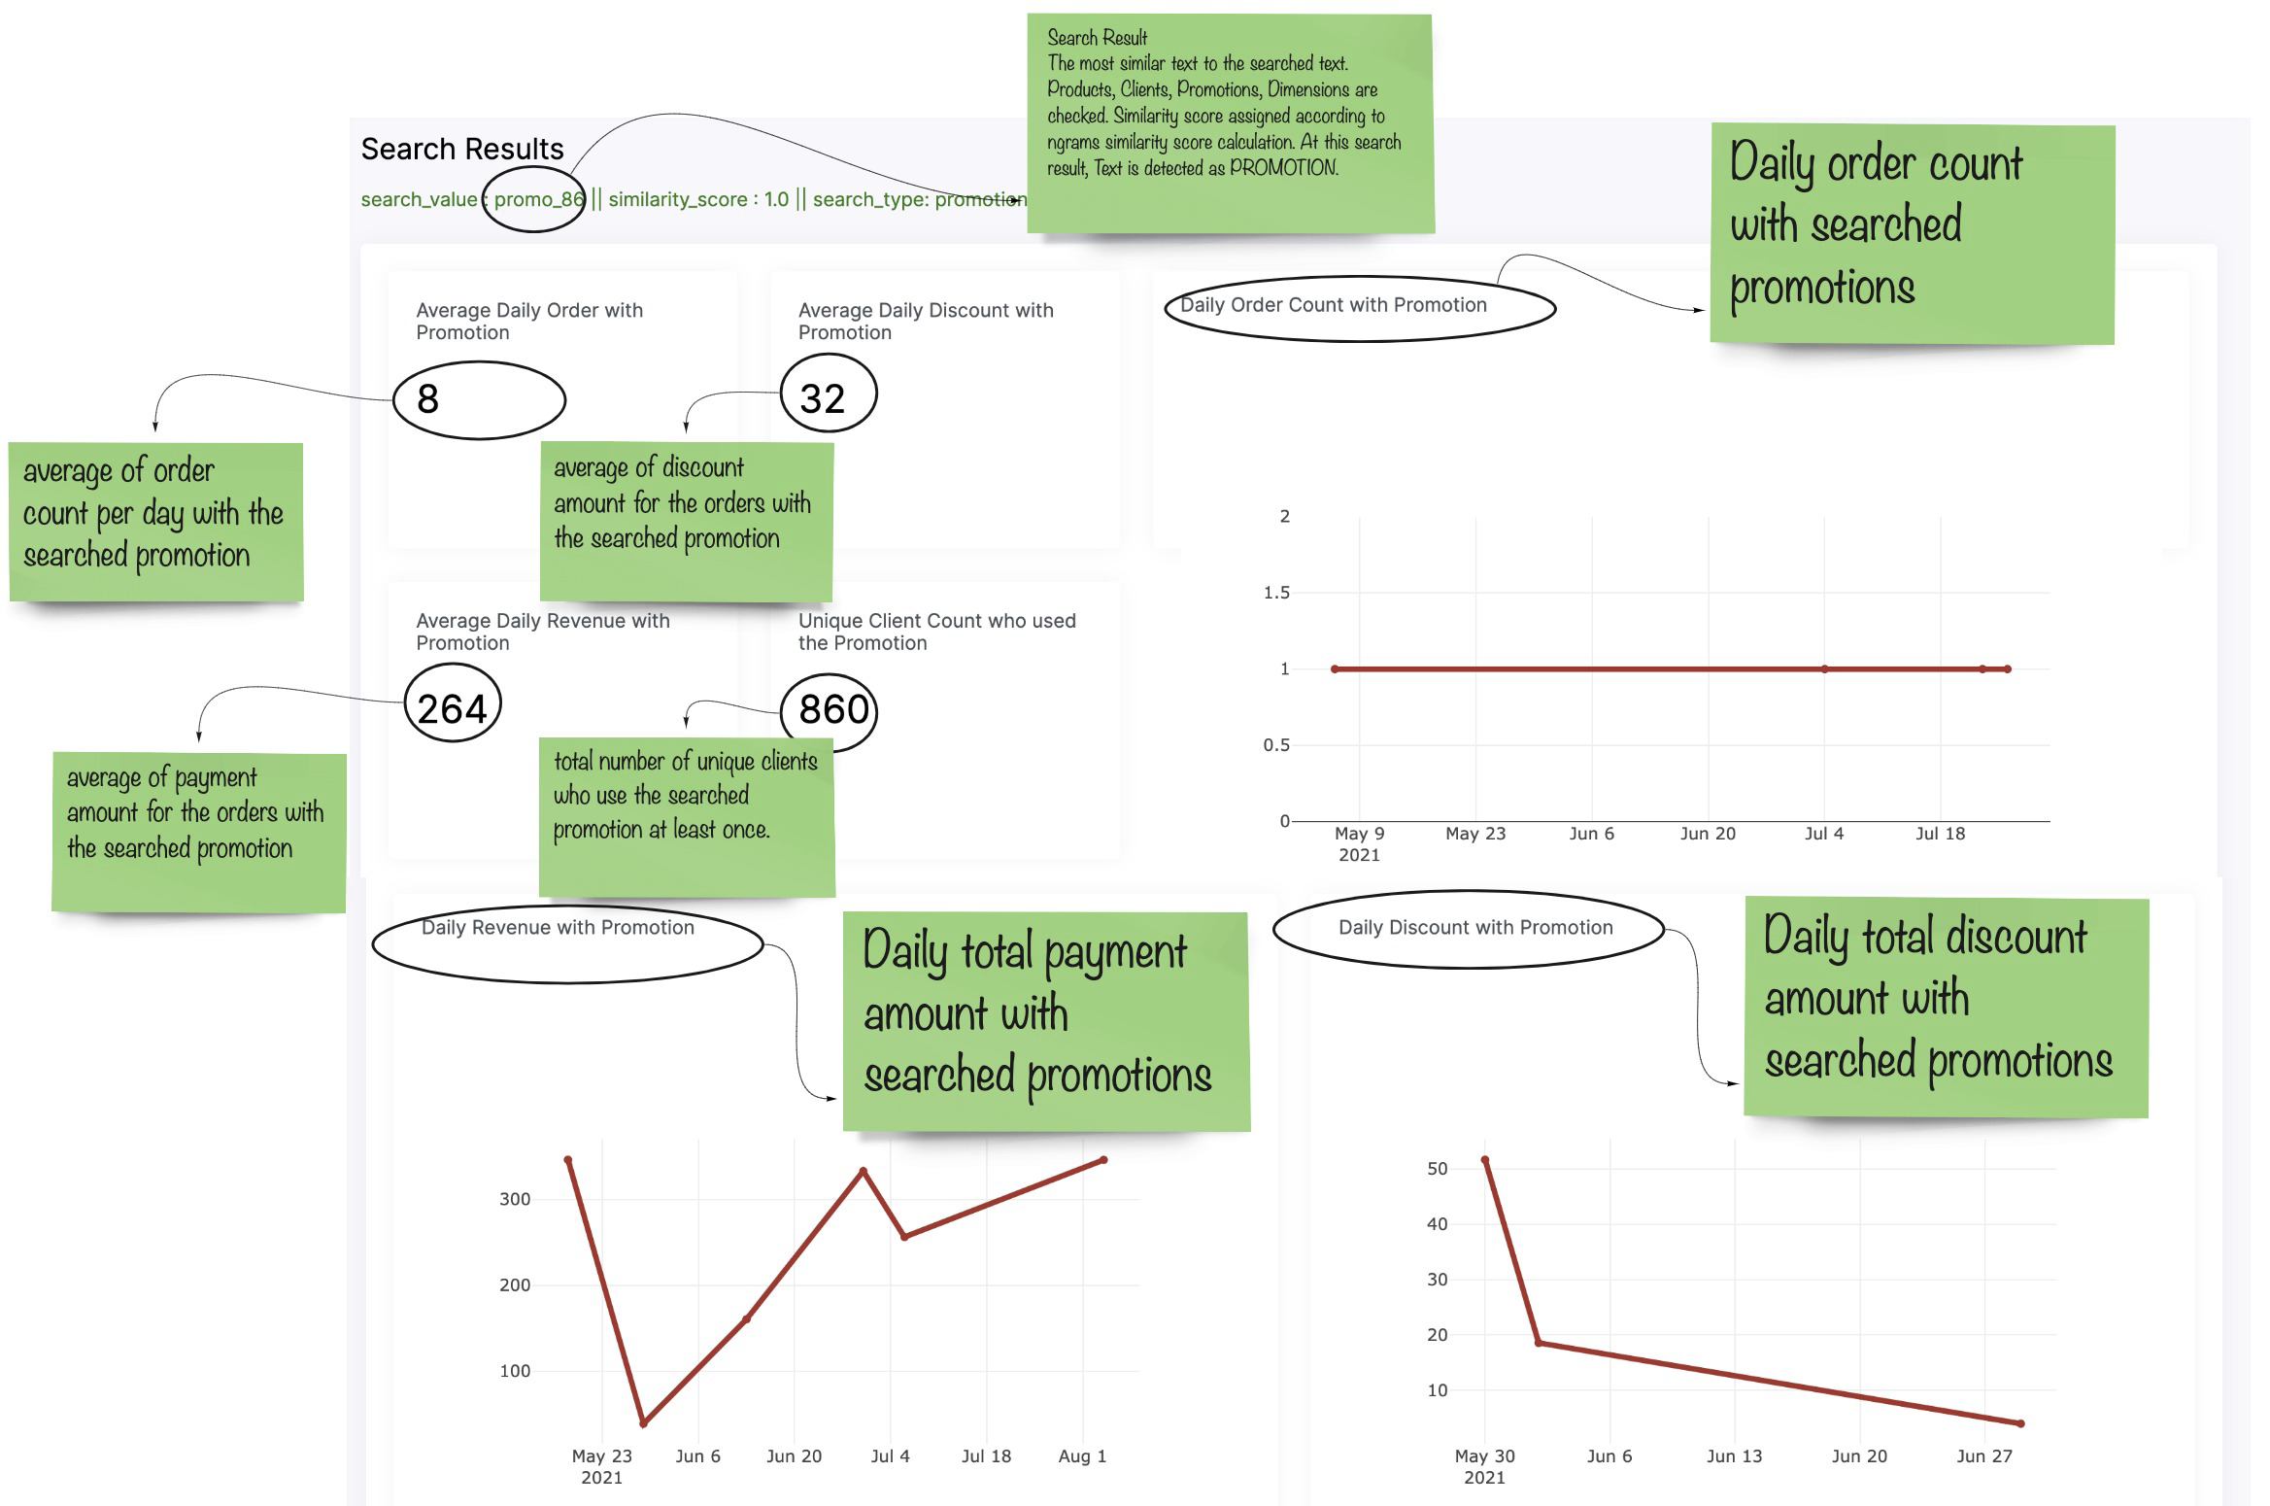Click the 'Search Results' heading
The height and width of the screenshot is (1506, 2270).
click(461, 149)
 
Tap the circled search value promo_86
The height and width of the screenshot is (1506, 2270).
click(539, 199)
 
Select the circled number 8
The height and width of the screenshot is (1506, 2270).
click(427, 398)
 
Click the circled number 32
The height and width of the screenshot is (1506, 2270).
click(823, 398)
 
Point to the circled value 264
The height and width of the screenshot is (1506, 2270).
click(452, 708)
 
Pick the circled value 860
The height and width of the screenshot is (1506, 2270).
click(833, 709)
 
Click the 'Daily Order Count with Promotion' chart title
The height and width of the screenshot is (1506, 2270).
click(1333, 305)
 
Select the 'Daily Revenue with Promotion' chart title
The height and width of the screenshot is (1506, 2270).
click(558, 928)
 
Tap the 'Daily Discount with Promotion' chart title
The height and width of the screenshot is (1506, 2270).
click(1475, 928)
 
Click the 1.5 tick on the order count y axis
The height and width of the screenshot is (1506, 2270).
click(1276, 593)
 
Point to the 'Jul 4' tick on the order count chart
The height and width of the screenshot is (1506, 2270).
click(1823, 834)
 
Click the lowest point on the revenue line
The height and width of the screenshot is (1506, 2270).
click(644, 1423)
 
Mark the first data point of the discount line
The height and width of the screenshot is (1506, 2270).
click(1485, 1160)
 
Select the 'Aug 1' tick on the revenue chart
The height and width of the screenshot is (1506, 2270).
click(1082, 1456)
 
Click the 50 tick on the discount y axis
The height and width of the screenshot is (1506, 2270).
click(1438, 1169)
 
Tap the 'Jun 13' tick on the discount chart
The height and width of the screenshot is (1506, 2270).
click(1734, 1456)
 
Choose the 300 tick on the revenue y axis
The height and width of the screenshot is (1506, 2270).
click(515, 1200)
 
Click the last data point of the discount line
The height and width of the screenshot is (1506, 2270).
click(2021, 1423)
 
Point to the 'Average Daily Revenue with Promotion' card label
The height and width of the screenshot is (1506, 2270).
click(542, 632)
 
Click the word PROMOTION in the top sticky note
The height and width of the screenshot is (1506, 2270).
click(1284, 168)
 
